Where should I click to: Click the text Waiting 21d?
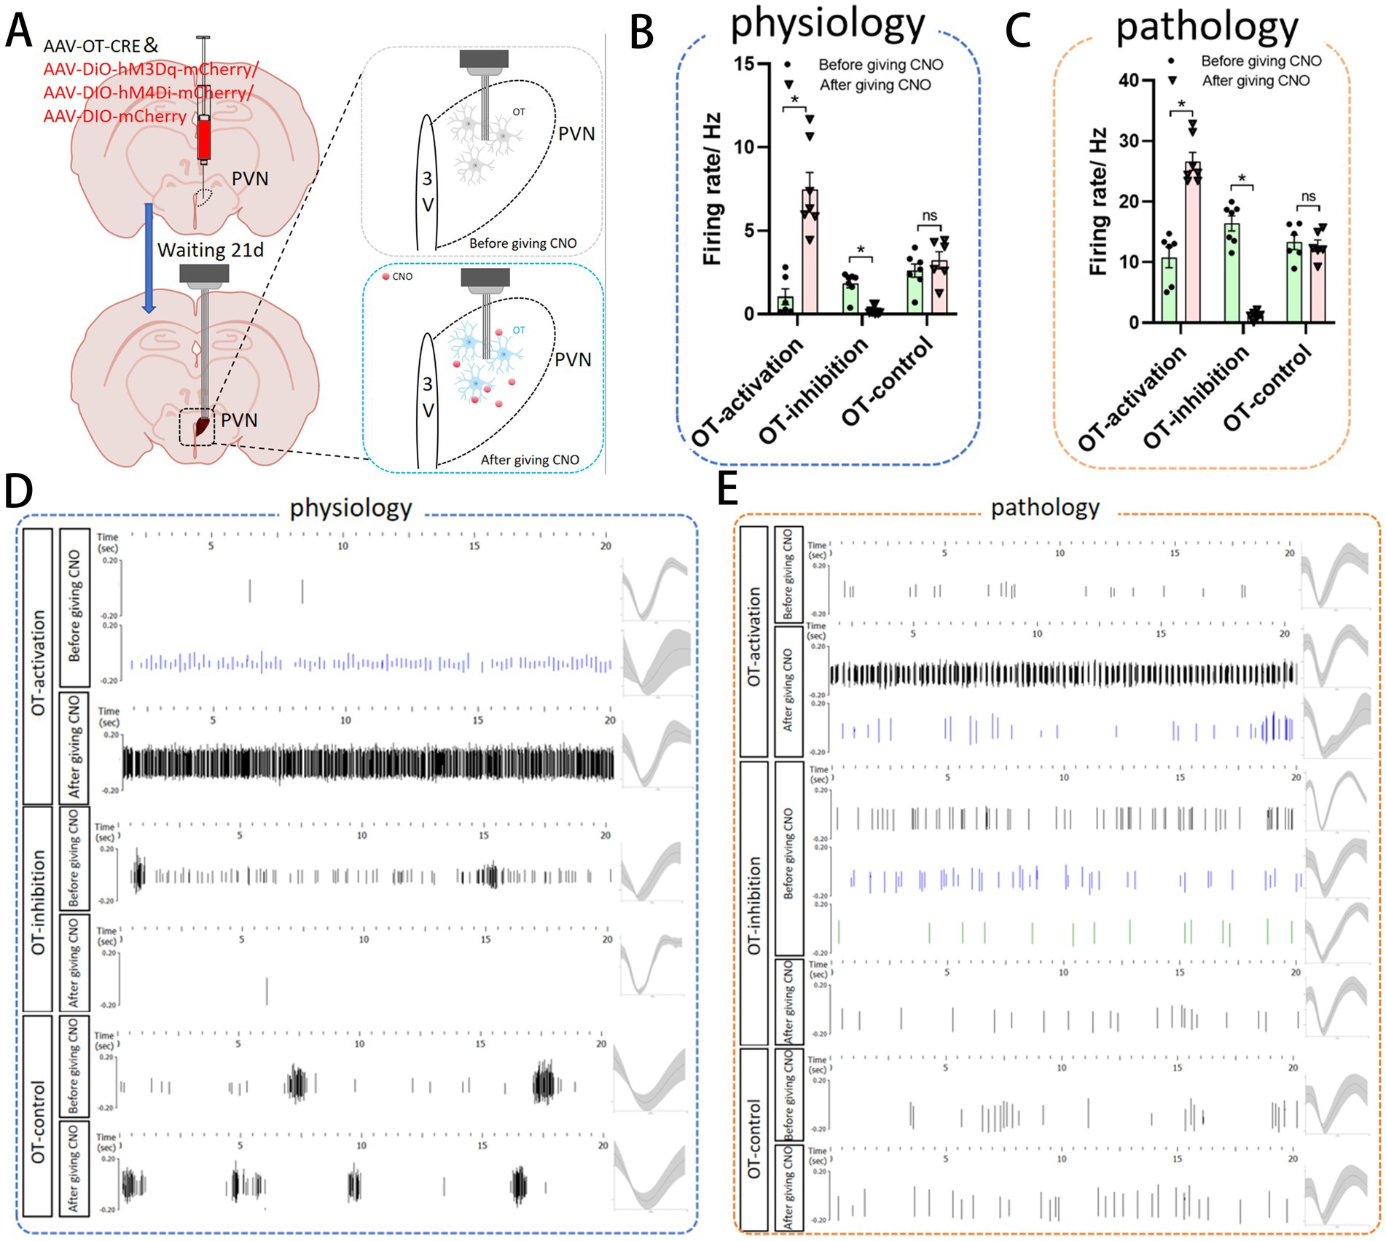[211, 250]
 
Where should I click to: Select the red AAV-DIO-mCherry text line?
[115, 117]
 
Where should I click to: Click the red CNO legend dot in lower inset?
[386, 277]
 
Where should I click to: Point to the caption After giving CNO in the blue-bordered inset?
[530, 460]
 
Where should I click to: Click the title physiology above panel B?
[828, 23]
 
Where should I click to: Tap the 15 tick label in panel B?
[743, 64]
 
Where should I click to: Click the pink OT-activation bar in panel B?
[810, 251]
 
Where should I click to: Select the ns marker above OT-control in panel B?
[929, 216]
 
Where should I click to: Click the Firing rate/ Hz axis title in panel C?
[1098, 202]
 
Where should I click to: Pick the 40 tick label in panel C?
[1129, 79]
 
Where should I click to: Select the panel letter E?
[727, 489]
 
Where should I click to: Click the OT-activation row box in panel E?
[754, 642]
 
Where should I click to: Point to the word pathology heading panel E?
[1045, 507]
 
